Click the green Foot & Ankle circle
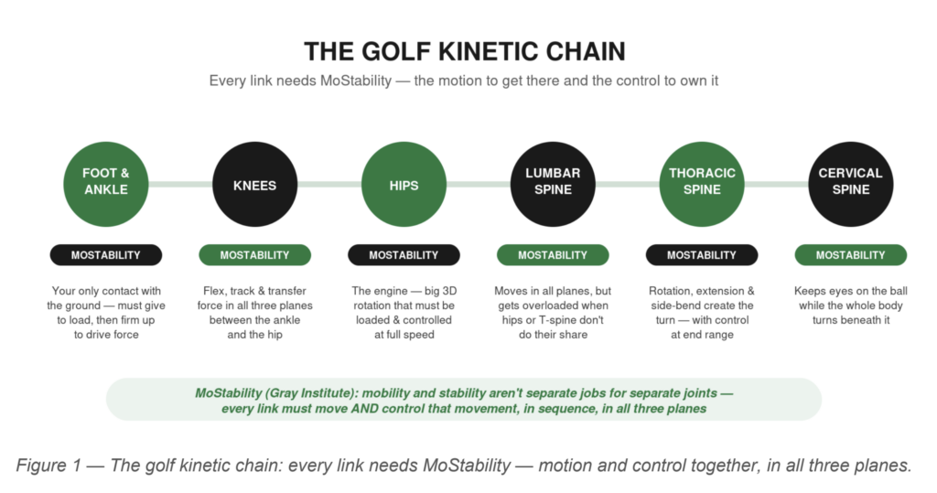coord(106,184)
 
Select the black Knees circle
coord(254,184)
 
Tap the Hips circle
coord(404,184)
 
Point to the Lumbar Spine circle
coord(553,184)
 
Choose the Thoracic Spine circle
coord(702,184)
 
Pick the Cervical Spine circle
coord(851,184)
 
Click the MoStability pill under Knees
coord(254,255)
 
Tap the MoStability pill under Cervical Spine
coord(851,255)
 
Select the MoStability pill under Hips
coord(404,255)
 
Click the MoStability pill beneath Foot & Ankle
coord(106,255)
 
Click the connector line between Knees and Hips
coord(329,184)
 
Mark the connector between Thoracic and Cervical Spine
coord(776,184)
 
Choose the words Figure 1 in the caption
coord(48,465)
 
